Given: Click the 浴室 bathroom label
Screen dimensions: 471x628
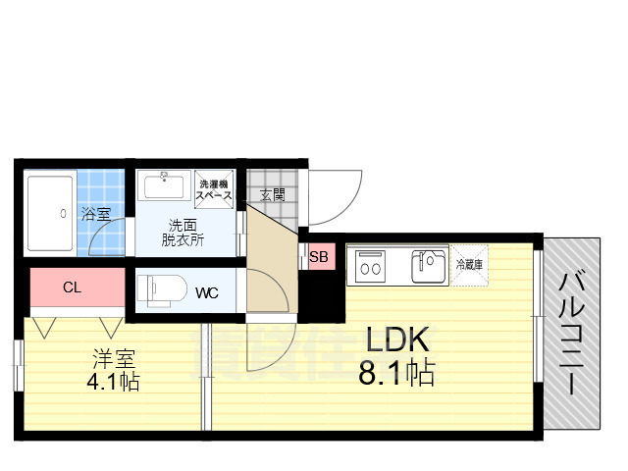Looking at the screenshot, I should [95, 213].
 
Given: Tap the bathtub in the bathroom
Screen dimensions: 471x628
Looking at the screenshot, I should [50, 213].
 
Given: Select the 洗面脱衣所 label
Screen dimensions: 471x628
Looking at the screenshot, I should [183, 231].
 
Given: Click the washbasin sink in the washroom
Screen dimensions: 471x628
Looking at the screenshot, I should [164, 186].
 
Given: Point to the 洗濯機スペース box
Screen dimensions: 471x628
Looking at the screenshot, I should [214, 189].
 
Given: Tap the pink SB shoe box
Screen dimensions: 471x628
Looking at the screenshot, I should [319, 258].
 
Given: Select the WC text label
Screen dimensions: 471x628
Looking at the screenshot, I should [206, 292].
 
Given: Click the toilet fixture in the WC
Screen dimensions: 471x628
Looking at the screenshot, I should [157, 290].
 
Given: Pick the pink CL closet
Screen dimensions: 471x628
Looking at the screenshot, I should [72, 288].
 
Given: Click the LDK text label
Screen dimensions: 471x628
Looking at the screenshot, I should [397, 340].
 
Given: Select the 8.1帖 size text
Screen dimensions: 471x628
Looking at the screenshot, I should [397, 373].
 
